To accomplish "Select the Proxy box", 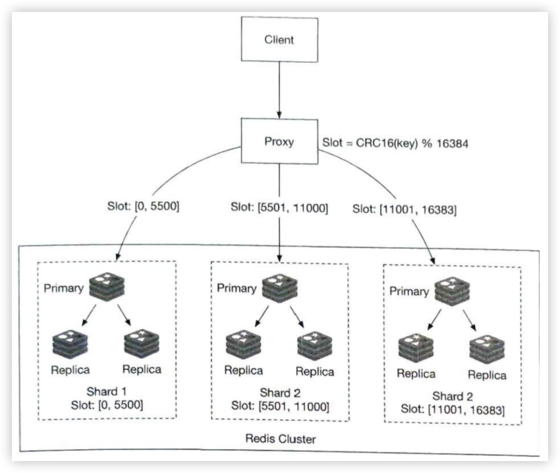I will coord(279,141).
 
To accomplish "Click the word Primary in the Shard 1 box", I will coord(66,288).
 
